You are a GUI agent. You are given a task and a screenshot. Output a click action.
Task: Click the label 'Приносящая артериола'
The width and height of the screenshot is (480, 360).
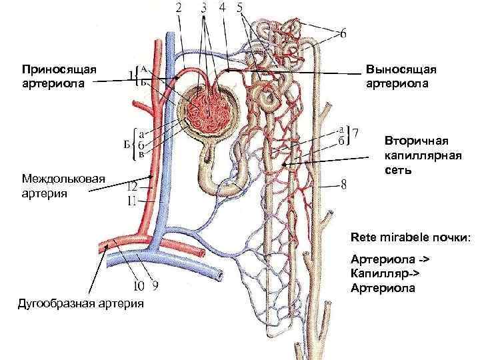click(59, 76)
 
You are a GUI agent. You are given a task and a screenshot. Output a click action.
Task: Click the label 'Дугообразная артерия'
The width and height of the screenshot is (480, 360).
click(82, 304)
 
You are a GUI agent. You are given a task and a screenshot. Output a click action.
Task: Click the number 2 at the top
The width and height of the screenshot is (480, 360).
click(179, 9)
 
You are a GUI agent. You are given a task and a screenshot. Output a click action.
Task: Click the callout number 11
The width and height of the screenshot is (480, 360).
click(133, 199)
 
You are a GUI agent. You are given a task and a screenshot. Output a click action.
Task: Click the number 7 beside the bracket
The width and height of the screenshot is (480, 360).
click(355, 134)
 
